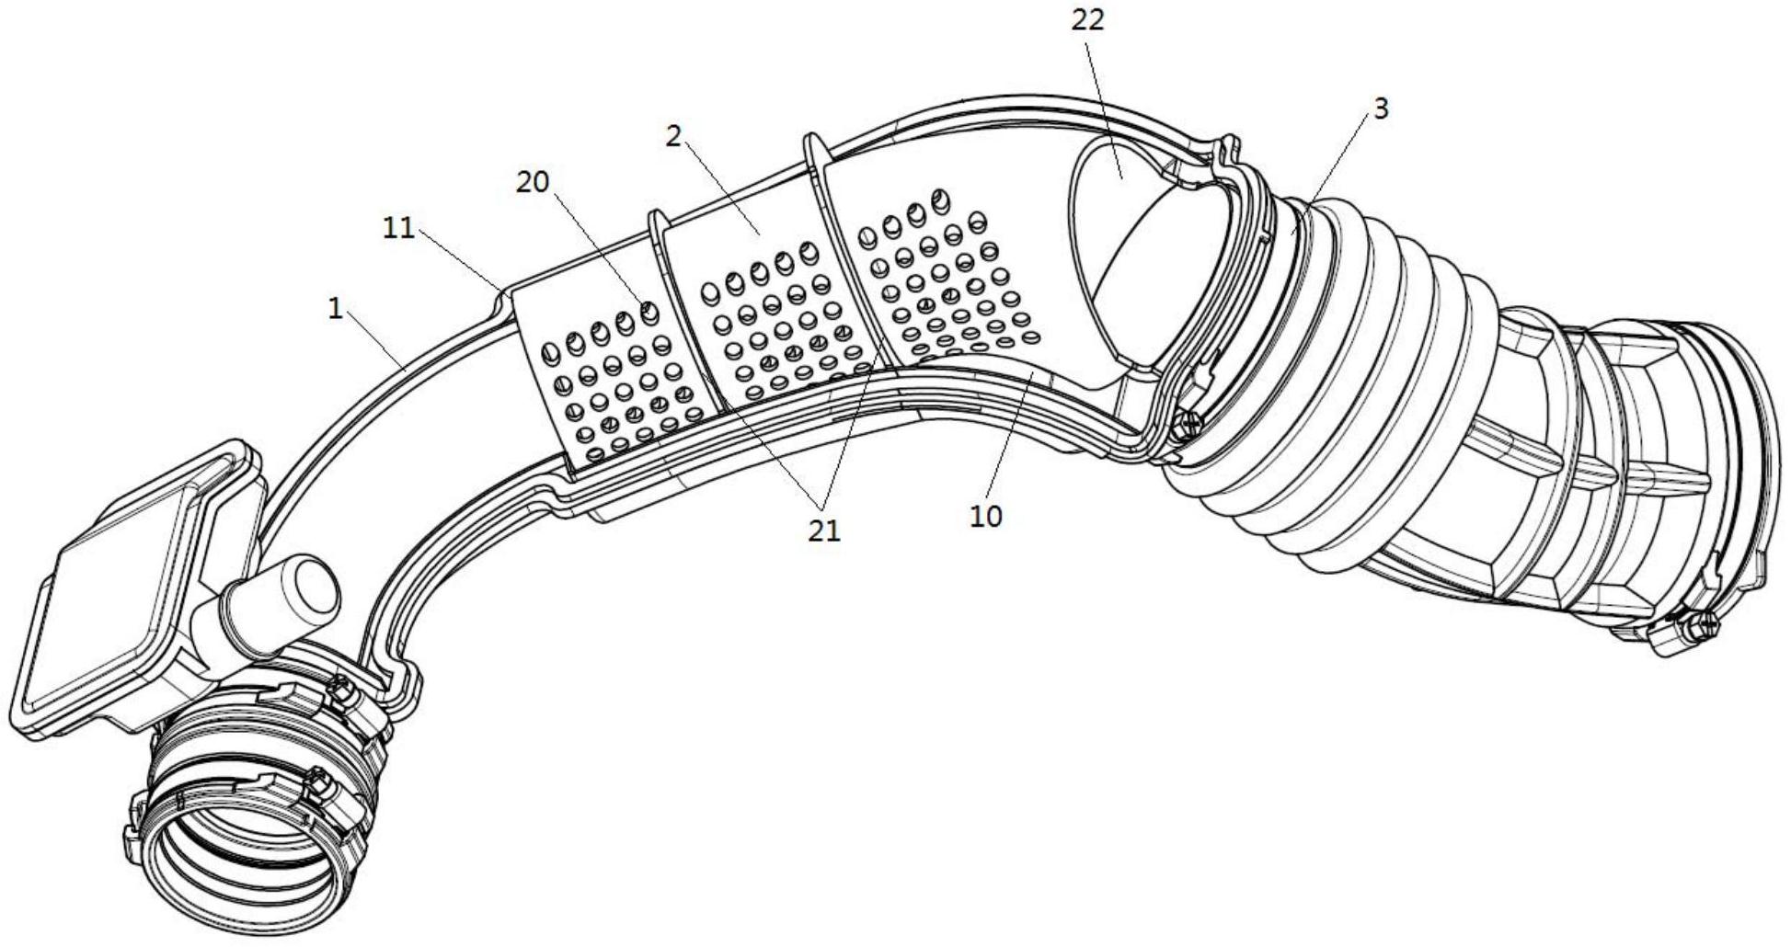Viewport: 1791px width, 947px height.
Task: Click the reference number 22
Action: pos(1086,20)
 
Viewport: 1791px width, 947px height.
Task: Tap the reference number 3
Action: pos(1380,108)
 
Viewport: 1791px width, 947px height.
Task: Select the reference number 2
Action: pos(674,137)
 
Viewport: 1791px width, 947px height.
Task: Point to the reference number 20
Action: pos(532,182)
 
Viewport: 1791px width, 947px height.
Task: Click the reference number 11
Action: pos(399,228)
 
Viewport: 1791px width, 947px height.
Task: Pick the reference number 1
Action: pos(336,309)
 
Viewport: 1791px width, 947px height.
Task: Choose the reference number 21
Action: pos(823,531)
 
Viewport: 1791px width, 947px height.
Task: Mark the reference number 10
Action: pos(985,516)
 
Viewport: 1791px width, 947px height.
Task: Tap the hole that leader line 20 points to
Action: pos(649,314)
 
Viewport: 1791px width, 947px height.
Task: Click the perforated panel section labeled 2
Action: pos(763,303)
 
